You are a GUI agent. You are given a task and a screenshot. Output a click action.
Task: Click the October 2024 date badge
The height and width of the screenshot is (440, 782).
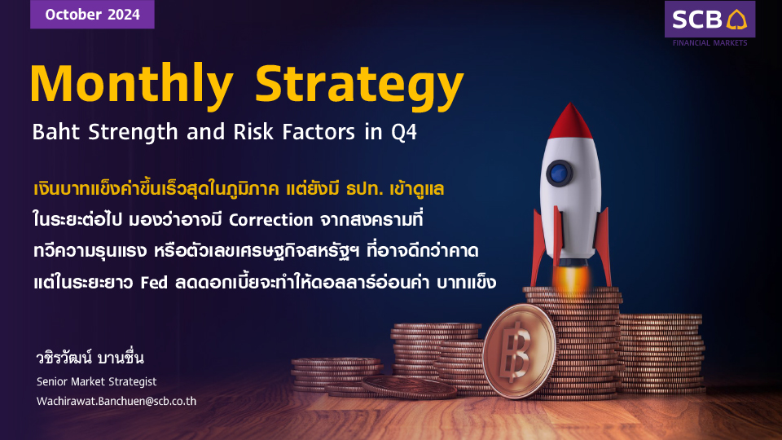click(92, 14)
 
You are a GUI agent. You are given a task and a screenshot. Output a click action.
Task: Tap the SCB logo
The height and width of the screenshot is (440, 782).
click(710, 20)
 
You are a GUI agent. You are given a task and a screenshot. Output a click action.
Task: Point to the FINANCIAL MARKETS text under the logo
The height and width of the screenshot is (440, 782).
click(710, 43)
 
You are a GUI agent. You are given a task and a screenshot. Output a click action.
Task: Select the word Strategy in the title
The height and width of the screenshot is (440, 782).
click(359, 85)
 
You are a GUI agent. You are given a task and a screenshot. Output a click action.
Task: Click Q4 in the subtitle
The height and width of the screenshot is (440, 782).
click(403, 132)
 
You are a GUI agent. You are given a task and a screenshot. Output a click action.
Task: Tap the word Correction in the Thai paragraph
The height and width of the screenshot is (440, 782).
click(270, 220)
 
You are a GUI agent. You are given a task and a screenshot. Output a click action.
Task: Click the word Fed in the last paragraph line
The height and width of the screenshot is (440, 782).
click(154, 283)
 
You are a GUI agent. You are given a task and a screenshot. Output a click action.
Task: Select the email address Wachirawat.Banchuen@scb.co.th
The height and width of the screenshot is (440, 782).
click(116, 401)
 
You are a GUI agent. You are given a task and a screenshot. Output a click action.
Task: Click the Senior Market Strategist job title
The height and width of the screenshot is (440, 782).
click(96, 381)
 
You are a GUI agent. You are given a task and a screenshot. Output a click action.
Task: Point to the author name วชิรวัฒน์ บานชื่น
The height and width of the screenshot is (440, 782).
click(90, 358)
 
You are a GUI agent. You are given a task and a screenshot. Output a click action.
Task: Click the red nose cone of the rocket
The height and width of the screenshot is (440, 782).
click(570, 121)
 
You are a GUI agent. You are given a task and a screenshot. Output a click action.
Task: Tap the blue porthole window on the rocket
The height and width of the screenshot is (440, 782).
click(560, 173)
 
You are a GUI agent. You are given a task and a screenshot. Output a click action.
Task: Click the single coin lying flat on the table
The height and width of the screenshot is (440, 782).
click(409, 386)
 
